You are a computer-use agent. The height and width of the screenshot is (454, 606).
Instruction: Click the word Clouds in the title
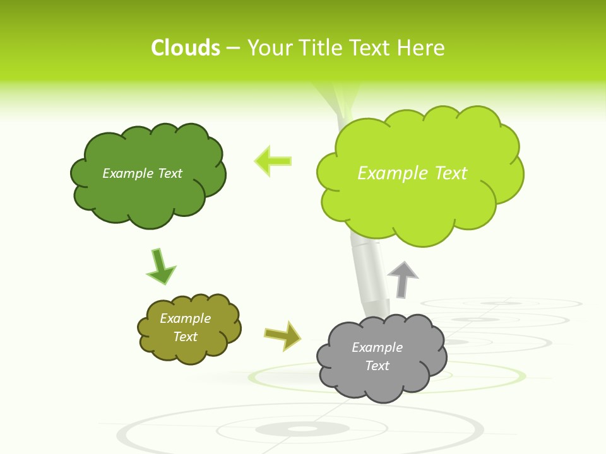click(186, 48)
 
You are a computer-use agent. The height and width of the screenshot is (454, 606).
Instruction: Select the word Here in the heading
click(420, 48)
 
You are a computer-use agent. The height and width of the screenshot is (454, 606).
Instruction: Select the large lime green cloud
click(417, 208)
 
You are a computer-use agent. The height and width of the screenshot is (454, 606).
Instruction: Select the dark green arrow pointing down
click(160, 267)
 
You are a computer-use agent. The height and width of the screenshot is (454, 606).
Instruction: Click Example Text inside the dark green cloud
click(142, 173)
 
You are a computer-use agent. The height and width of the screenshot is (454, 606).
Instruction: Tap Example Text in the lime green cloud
click(412, 173)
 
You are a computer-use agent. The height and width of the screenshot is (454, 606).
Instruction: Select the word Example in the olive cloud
click(186, 318)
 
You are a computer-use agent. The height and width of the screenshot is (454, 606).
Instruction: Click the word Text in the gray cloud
click(377, 366)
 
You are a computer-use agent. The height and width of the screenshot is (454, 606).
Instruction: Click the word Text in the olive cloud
click(186, 337)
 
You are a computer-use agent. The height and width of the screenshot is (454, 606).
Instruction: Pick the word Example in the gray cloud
click(377, 347)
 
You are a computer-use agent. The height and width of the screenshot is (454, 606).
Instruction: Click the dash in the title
click(233, 48)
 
